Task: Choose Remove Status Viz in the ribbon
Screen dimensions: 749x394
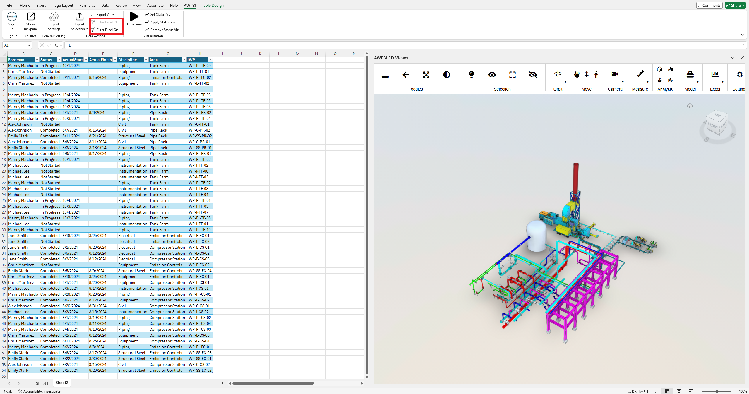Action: click(162, 30)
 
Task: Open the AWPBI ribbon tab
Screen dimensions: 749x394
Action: click(190, 5)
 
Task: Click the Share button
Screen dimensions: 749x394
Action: click(735, 5)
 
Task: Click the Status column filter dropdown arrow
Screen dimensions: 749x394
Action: click(59, 60)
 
